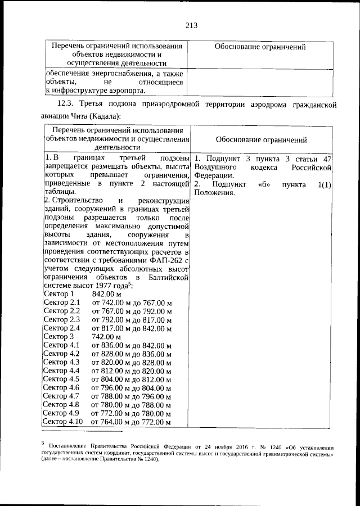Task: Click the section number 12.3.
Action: point(66,105)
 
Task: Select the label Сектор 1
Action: point(58,294)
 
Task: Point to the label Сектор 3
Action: point(58,336)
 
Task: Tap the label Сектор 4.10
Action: point(64,422)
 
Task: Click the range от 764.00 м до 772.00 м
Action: point(132,422)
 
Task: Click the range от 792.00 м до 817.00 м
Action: point(132,319)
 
